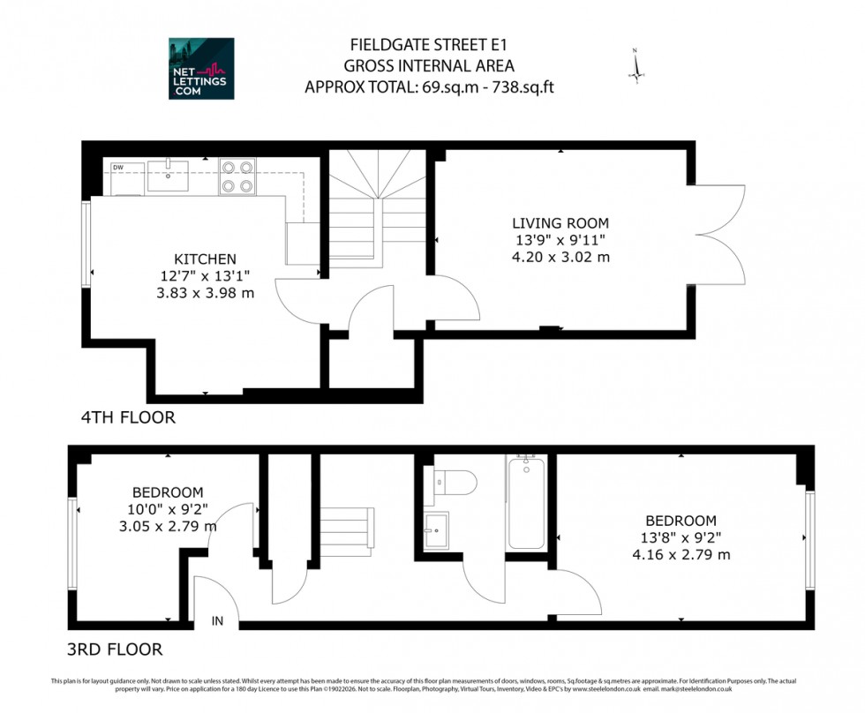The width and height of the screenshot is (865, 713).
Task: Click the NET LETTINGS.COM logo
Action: tap(201, 68)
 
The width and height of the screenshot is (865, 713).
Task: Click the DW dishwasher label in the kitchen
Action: tap(117, 166)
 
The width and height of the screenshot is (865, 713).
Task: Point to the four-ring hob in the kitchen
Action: tap(237, 176)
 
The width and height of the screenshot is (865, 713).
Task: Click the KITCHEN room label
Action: tap(205, 259)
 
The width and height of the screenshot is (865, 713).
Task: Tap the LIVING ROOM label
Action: tap(560, 223)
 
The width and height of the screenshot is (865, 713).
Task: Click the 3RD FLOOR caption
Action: tap(115, 649)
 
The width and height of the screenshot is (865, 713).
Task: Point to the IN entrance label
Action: tap(217, 621)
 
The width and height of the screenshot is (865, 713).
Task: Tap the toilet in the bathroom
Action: tap(455, 482)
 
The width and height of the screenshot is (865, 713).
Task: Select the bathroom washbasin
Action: tap(436, 530)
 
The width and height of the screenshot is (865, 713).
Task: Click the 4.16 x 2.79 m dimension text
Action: tap(681, 555)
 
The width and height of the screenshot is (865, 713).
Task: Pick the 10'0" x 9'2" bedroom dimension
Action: tap(168, 509)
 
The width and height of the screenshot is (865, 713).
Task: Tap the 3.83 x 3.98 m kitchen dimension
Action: tap(205, 292)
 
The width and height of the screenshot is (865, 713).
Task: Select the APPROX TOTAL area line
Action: tap(429, 86)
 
